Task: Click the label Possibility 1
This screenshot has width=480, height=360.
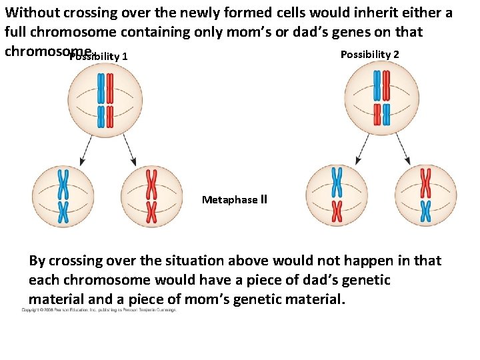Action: pyautogui.click(x=99, y=57)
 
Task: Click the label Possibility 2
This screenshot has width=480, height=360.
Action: pyautogui.click(x=370, y=54)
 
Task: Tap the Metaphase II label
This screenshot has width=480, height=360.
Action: pyautogui.click(x=234, y=199)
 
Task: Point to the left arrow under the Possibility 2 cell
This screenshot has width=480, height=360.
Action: pyautogui.click(x=363, y=151)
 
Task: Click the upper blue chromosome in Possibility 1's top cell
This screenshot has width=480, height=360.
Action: pyautogui.click(x=101, y=88)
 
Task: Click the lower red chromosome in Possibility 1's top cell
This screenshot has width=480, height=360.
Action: pyautogui.click(x=109, y=116)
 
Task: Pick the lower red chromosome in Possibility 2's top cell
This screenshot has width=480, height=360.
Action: pyautogui.click(x=377, y=114)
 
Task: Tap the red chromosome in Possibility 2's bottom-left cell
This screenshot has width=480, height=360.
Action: pyautogui.click(x=337, y=211)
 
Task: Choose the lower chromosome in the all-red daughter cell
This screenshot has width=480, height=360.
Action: pyautogui.click(x=151, y=212)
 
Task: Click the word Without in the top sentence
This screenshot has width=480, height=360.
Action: pyautogui.click(x=30, y=13)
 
